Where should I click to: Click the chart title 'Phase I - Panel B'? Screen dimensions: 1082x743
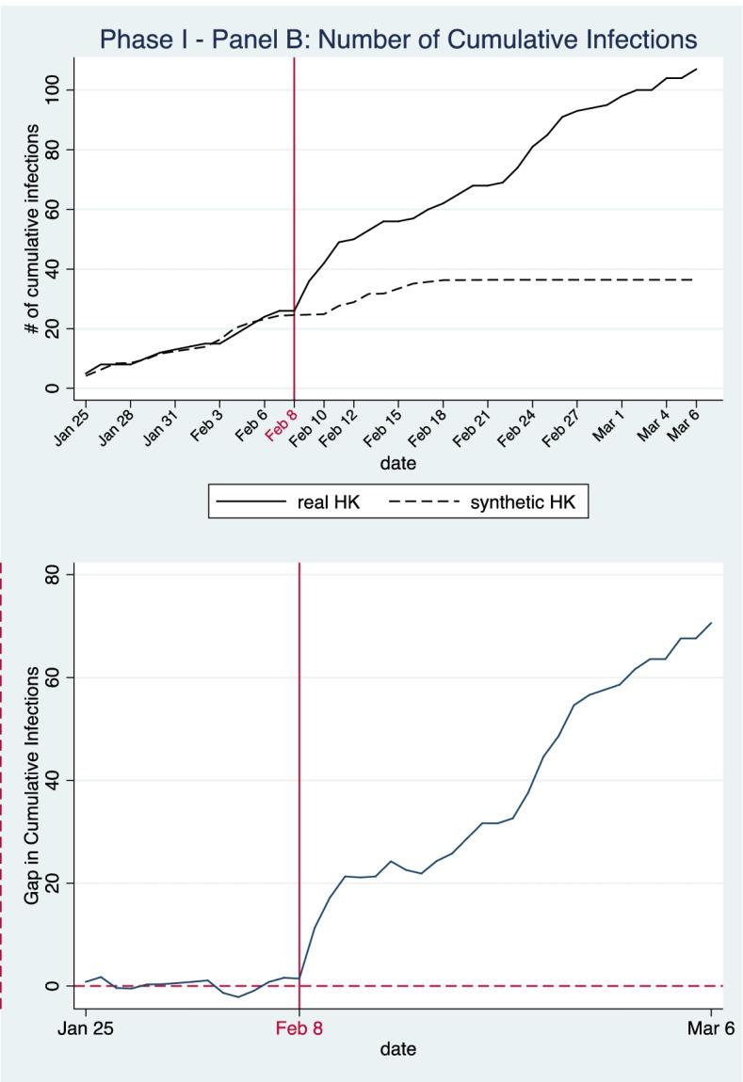(398, 39)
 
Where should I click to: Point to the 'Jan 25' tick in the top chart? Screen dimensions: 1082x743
(72, 419)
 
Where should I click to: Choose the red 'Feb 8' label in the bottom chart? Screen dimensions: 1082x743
(299, 1027)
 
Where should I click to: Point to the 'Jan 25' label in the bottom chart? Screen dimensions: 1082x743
(86, 1027)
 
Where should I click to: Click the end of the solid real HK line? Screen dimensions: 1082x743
(696, 69)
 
